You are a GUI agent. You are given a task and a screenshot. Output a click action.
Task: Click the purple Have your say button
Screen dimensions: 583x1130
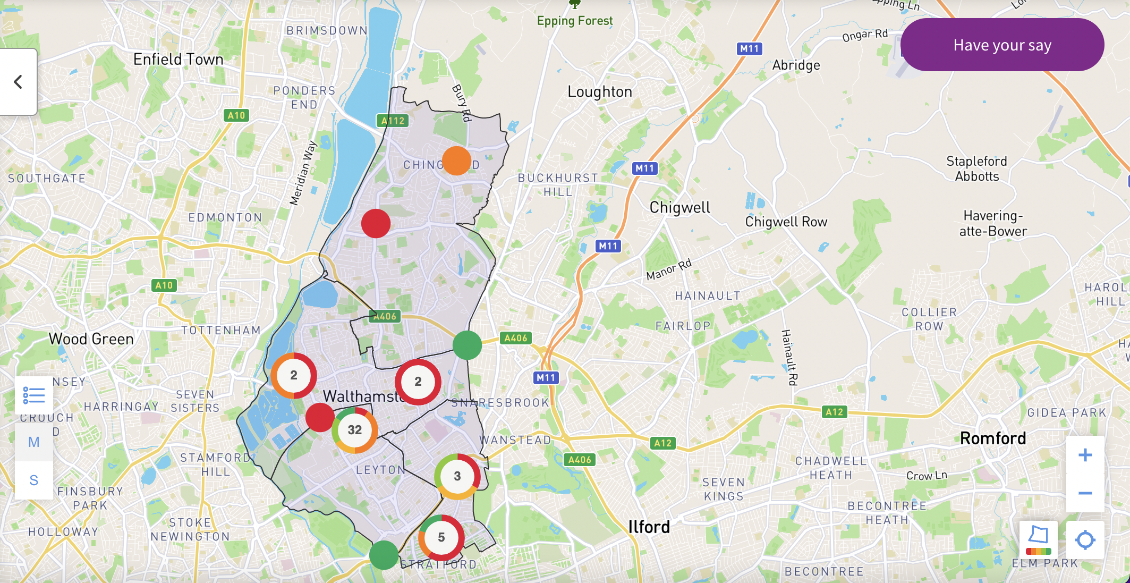tap(1002, 45)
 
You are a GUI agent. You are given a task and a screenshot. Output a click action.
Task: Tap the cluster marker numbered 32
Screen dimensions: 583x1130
tap(355, 430)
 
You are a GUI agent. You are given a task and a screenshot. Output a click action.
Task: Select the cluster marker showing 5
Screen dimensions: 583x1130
tap(441, 537)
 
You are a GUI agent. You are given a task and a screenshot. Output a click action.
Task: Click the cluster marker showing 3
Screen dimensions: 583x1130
tap(457, 476)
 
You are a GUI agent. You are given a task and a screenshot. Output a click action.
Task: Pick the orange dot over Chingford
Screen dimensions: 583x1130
tap(456, 161)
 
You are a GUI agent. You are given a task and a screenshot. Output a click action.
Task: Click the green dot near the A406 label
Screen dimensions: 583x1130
tap(467, 345)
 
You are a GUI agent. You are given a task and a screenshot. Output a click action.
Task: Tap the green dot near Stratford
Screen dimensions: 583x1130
tap(384, 555)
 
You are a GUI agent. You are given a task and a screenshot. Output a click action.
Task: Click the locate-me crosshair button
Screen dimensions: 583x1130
tap(1085, 540)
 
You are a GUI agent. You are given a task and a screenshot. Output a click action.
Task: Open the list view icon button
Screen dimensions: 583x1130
tap(34, 395)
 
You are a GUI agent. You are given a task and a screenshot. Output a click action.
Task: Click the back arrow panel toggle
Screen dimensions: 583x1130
tap(18, 82)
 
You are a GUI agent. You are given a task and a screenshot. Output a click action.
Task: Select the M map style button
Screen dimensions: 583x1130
tap(34, 442)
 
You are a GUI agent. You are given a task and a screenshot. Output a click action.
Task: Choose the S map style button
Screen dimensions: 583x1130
tap(34, 480)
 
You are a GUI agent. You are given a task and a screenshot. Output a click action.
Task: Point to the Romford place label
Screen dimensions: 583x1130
tap(992, 438)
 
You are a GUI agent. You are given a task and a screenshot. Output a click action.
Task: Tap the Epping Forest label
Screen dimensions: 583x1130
tap(574, 21)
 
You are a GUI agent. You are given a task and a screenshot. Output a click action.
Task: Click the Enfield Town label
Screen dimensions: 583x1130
tap(178, 60)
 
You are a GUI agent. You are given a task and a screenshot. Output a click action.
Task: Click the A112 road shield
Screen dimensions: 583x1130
tap(393, 121)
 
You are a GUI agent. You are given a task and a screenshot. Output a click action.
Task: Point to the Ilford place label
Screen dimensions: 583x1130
tap(649, 527)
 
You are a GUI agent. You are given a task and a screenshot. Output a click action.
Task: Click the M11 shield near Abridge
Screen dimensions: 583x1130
tap(750, 49)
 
